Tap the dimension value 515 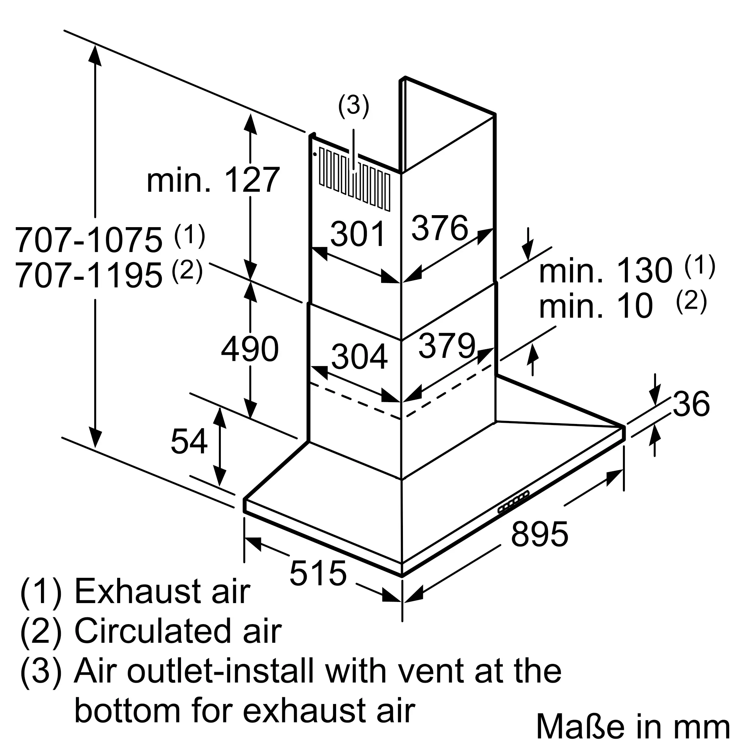click(318, 573)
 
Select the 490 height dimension click(250, 349)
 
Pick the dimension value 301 click(358, 234)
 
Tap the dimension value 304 click(359, 356)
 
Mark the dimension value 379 click(447, 345)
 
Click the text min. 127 click(213, 179)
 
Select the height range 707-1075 click(89, 240)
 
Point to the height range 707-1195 click(89, 275)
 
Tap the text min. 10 click(596, 306)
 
